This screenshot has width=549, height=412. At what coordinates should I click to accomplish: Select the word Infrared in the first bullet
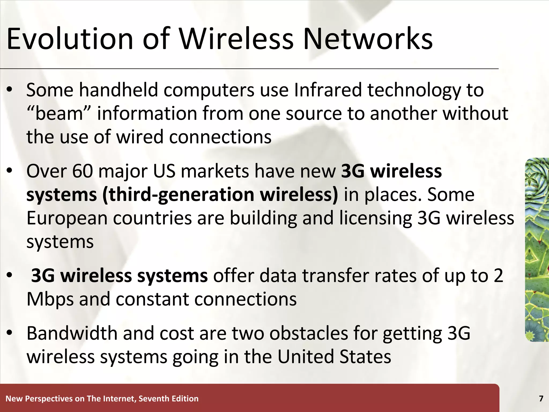point(328,90)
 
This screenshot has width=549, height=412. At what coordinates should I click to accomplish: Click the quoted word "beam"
point(59,113)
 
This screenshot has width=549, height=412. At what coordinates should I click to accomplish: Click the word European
point(67,218)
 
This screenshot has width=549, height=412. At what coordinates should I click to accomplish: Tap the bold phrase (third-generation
point(178,195)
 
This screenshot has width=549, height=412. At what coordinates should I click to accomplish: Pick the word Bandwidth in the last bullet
point(72,333)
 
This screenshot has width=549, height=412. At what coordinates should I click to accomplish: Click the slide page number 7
point(541,399)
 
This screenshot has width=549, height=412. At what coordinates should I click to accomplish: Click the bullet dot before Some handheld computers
point(10,90)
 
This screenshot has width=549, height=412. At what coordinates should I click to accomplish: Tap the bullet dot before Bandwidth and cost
point(10,333)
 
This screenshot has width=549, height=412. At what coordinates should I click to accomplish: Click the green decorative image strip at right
point(537,249)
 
